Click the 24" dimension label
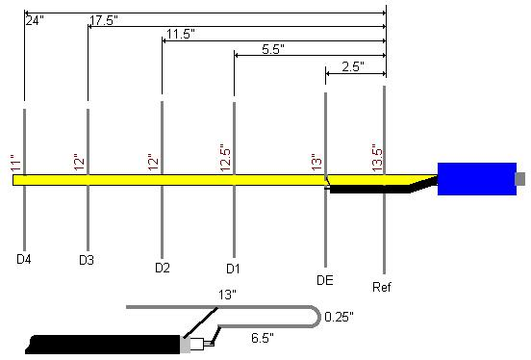click(35, 20)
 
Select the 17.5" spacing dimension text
click(104, 20)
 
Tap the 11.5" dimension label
click(181, 35)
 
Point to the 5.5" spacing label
click(273, 49)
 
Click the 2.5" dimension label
click(353, 66)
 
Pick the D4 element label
click(24, 259)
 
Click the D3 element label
click(87, 260)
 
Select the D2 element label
click(163, 268)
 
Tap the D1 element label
click(233, 269)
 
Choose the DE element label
click(325, 280)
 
